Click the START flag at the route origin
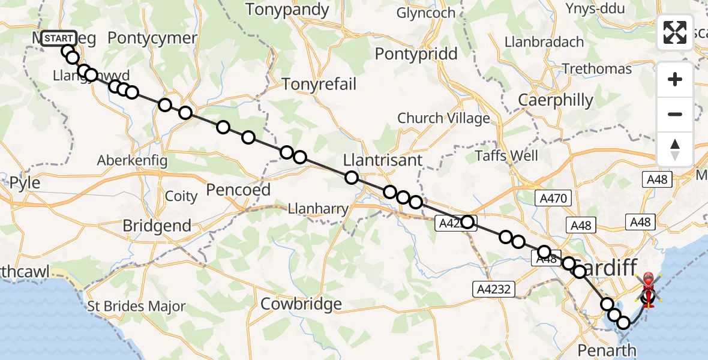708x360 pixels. pos(59,38)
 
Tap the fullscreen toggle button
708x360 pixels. pos(675,32)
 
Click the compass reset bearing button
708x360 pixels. pos(675,149)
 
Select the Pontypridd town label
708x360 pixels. pos(416,54)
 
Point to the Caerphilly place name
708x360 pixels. pos(556,100)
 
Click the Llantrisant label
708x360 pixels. pos(383,161)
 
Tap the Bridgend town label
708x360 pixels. pos(157,226)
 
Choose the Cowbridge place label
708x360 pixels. pos(301,304)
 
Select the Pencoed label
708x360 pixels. pos(238,190)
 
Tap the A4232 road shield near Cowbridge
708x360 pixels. pos(493,289)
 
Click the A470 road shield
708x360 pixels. pos(550,197)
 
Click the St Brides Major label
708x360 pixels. pos(137,307)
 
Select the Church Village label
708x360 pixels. pos(443,119)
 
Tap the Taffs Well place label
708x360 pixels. pos(506,156)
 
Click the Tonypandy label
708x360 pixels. pos(287,10)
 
